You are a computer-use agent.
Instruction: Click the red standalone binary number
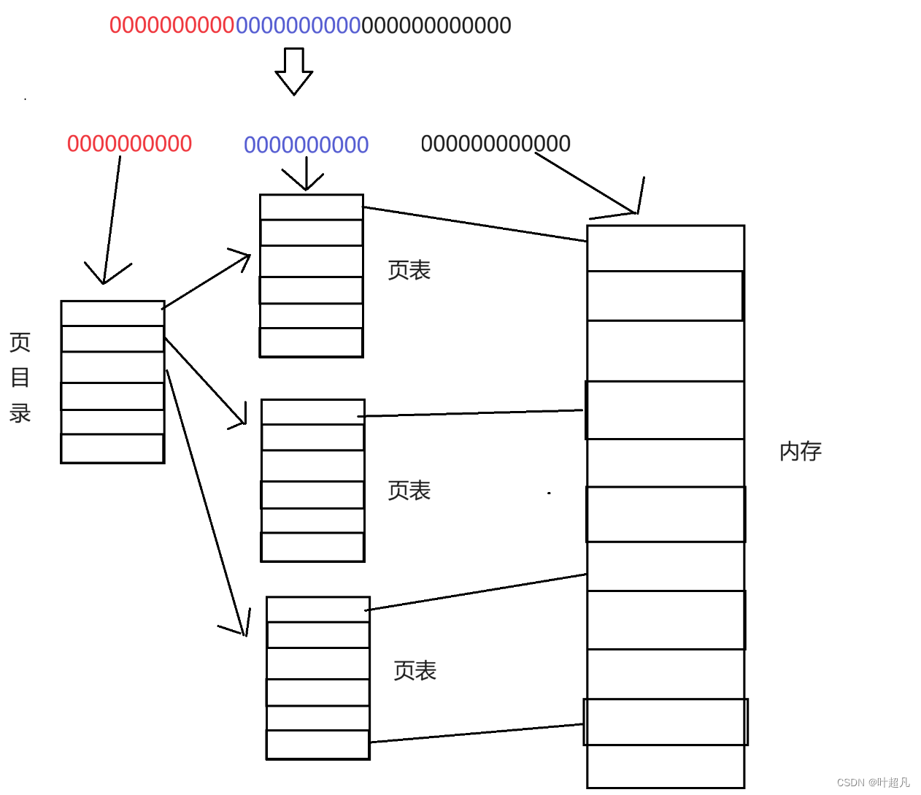[x=129, y=144]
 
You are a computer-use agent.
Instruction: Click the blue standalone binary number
[x=306, y=145]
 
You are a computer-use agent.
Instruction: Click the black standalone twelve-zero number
[x=496, y=144]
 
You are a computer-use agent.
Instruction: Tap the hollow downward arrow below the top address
[x=294, y=72]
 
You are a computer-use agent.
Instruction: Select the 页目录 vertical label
[x=20, y=377]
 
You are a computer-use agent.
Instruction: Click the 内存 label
[x=801, y=451]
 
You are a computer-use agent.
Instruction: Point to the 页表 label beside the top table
[x=409, y=270]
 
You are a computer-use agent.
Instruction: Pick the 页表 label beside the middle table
[x=409, y=491]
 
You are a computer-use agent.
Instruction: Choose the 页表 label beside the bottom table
[x=415, y=671]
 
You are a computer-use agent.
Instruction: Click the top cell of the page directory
[x=112, y=313]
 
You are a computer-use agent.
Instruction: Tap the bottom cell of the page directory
[x=112, y=448]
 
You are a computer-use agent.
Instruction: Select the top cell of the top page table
[x=312, y=207]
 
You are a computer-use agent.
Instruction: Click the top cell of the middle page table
[x=312, y=412]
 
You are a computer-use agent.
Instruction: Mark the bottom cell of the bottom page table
[x=318, y=745]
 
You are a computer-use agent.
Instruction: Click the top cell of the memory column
[x=666, y=248]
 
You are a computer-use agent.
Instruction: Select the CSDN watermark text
[x=873, y=783]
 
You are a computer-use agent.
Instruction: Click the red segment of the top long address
[x=172, y=26]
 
